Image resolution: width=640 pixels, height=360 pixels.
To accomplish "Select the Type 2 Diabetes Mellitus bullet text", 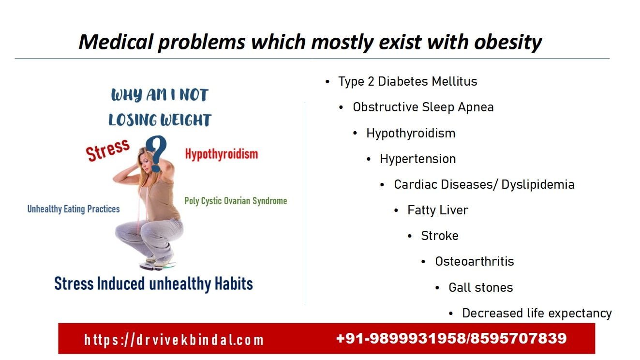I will [407, 81].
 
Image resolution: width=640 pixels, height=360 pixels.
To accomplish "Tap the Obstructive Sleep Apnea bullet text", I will [423, 107].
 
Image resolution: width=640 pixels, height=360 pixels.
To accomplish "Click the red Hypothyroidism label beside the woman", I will [221, 154].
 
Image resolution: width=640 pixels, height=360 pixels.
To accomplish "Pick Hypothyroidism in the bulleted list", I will [411, 133].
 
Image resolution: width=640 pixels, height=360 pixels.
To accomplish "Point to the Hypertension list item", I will [417, 159].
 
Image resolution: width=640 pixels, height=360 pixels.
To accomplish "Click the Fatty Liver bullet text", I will [438, 210].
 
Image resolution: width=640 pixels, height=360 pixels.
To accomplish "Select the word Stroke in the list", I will [439, 236].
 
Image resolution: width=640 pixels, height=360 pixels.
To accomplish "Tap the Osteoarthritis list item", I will [474, 261].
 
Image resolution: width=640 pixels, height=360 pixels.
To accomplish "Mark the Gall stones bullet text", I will [480, 287].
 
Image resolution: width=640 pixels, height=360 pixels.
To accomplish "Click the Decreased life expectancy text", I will [536, 313].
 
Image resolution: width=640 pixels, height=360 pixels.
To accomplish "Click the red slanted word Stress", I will [107, 150].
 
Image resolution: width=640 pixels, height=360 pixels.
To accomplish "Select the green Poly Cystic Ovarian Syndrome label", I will [236, 201].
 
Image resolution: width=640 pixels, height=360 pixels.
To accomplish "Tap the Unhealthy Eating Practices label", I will [74, 209].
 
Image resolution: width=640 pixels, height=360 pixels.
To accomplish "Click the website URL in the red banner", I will [174, 339].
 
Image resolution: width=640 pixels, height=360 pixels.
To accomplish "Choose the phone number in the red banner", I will [451, 338].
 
